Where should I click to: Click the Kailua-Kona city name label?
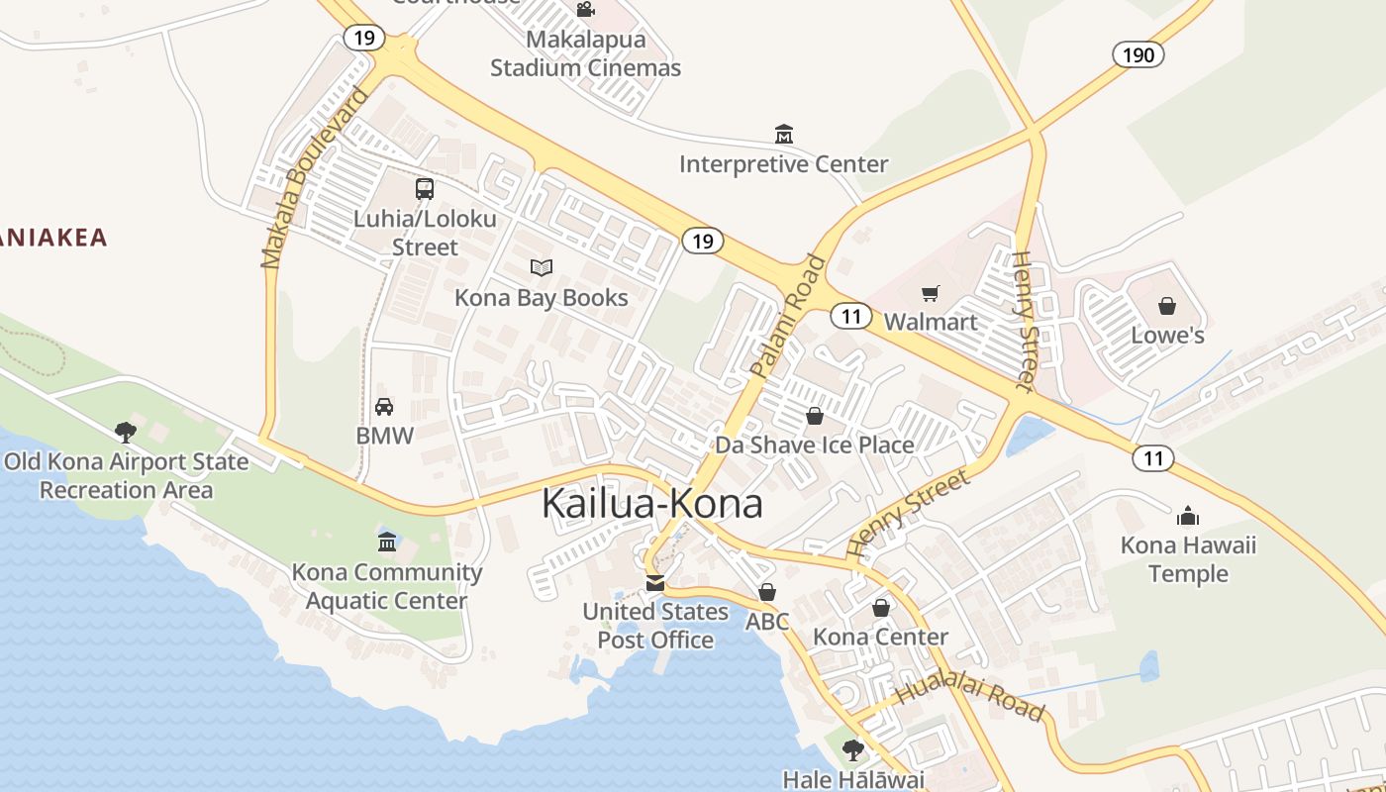(x=652, y=504)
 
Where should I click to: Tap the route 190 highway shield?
(x=1138, y=54)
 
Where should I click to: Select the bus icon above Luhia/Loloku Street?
(x=425, y=188)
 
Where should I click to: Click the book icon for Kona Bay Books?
(x=541, y=267)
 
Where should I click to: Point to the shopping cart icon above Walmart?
(x=930, y=293)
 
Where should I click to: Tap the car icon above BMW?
(x=384, y=406)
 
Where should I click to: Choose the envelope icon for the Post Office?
(x=654, y=583)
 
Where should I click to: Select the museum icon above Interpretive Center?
(x=784, y=134)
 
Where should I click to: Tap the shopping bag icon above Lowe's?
(x=1167, y=306)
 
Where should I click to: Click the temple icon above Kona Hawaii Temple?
(x=1188, y=516)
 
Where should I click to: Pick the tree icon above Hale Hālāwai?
(x=852, y=750)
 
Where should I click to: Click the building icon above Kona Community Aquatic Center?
(x=387, y=542)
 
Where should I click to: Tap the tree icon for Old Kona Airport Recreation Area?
(x=125, y=432)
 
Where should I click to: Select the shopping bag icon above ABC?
(x=766, y=592)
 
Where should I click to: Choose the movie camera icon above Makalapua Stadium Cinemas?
(x=585, y=10)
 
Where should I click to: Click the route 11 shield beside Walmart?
(x=850, y=316)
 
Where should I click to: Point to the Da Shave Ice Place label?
(x=815, y=445)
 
